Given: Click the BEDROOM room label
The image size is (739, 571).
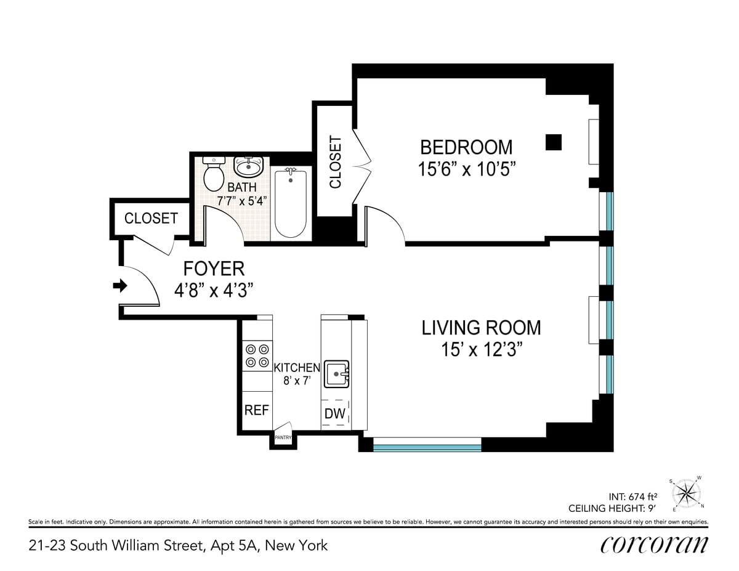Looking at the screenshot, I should tap(466, 147).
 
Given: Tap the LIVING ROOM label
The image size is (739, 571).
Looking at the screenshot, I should tap(481, 327).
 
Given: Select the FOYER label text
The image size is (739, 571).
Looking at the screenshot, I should tap(214, 269).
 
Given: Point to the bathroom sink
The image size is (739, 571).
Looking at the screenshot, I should tap(249, 166).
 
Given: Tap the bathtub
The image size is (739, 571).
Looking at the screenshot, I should tap(290, 203).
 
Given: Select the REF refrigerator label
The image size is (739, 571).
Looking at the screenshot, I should tap(257, 410).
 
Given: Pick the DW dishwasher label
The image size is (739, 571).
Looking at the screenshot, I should tap(335, 414).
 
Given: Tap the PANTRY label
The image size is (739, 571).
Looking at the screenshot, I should tap(283, 437).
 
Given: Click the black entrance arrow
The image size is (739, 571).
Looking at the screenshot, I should tap(121, 285).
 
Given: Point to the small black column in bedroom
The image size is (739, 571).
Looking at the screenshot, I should tap(554, 142).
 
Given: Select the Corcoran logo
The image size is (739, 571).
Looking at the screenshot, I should tap(653, 545).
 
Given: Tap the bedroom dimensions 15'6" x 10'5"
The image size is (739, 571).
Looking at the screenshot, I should tap(466, 169).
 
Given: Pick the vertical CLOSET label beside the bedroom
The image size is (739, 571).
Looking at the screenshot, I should tap(336, 162).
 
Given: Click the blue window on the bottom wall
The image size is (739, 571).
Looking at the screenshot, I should tap(427, 444).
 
